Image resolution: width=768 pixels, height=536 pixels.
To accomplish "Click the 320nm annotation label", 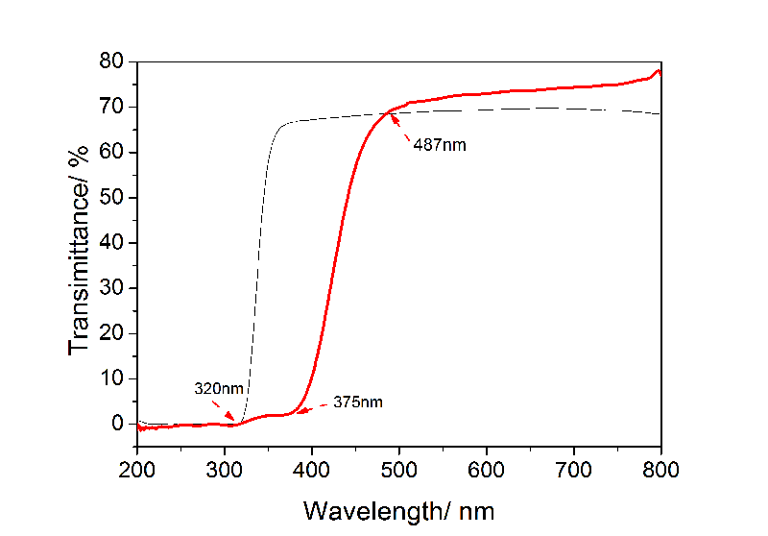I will point(218,389).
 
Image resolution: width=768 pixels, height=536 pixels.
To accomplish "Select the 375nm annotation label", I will point(358,402).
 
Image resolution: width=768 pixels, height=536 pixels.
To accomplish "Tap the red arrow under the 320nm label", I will point(227,415).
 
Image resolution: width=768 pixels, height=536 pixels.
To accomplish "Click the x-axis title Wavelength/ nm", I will point(399,508).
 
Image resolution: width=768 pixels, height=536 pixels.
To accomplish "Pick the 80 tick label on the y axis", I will point(110,62).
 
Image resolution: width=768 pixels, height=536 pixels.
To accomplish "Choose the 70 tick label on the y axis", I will point(110,108).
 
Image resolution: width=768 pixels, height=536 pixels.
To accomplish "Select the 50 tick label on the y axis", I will point(110,198).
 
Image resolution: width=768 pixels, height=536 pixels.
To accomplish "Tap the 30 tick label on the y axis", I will point(110,288).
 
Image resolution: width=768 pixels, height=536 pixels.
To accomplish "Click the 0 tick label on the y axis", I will point(117,424).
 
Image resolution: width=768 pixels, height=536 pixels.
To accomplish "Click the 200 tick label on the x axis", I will point(137,470).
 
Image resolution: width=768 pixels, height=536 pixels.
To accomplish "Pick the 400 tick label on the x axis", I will point(312,470).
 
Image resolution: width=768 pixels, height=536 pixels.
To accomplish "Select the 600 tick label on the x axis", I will point(487,470).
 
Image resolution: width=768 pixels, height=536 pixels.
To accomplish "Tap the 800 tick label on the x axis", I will point(660,470).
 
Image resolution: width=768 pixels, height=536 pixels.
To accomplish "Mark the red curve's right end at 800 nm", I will point(660,72).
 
